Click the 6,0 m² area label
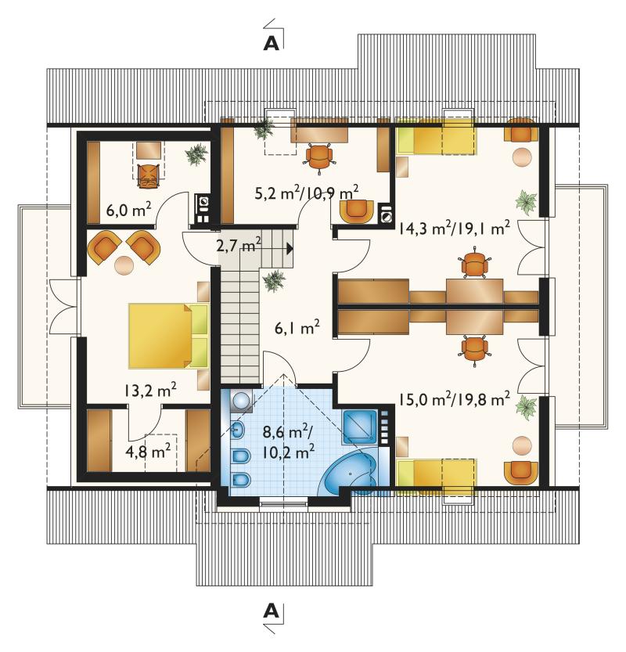(128, 210)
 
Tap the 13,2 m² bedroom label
(150, 390)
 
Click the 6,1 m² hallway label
(297, 328)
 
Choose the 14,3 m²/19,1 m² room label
(455, 229)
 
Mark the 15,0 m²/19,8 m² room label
(455, 400)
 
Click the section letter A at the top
(272, 43)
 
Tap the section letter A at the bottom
(272, 611)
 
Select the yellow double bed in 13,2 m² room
(168, 336)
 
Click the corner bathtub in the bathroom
(351, 474)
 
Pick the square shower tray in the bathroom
(359, 427)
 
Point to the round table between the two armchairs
(124, 265)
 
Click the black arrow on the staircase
(290, 249)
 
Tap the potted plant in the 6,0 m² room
(196, 155)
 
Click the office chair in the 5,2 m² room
(319, 157)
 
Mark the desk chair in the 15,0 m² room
(474, 350)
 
